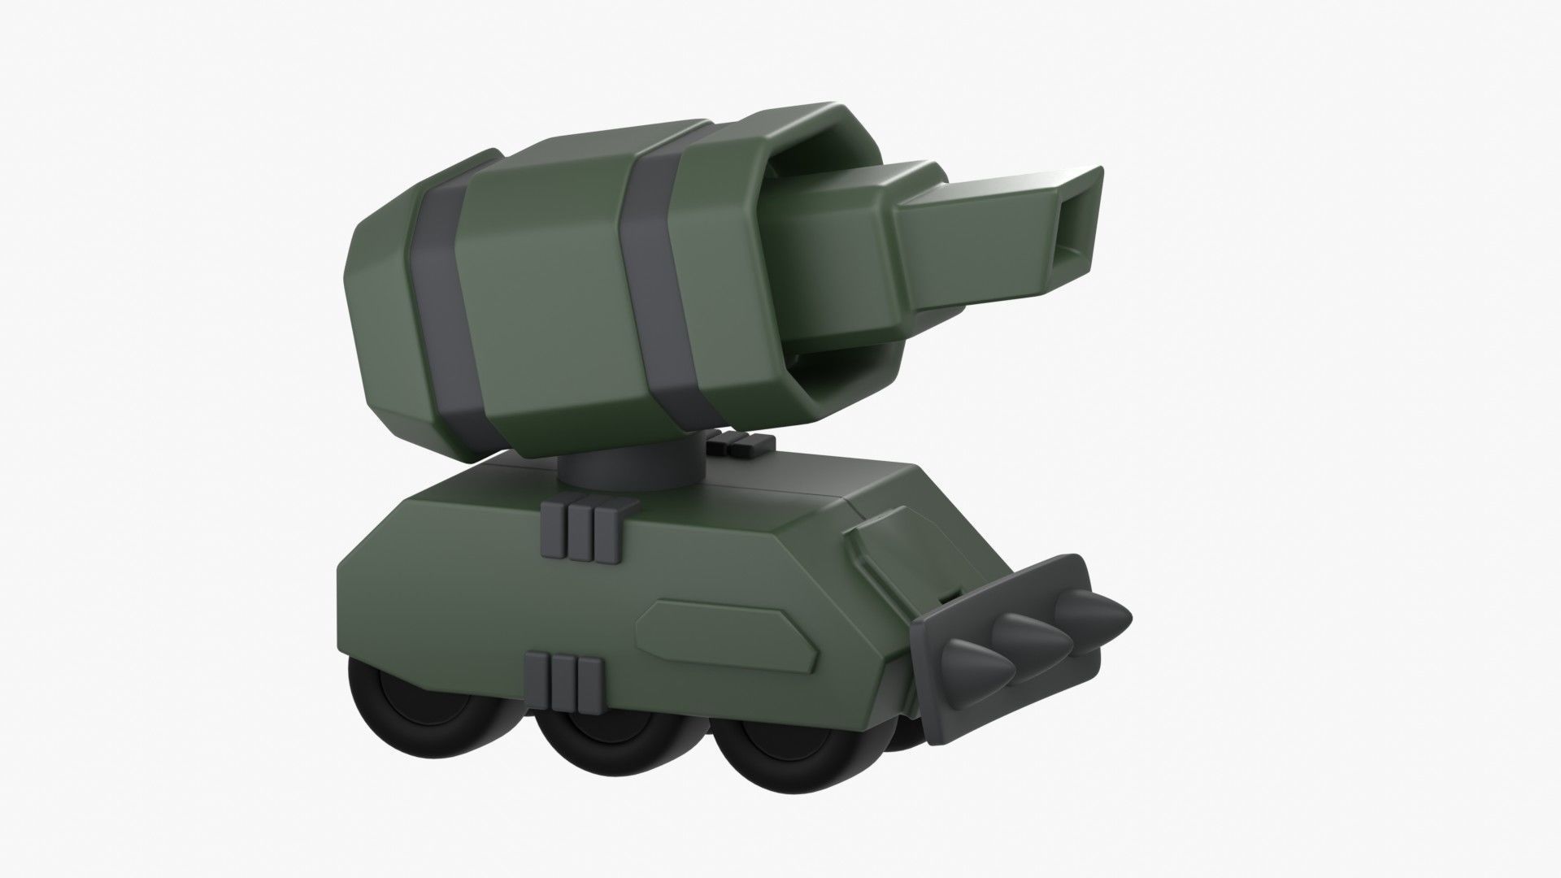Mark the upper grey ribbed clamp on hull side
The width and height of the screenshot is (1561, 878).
pyautogui.click(x=585, y=532)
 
